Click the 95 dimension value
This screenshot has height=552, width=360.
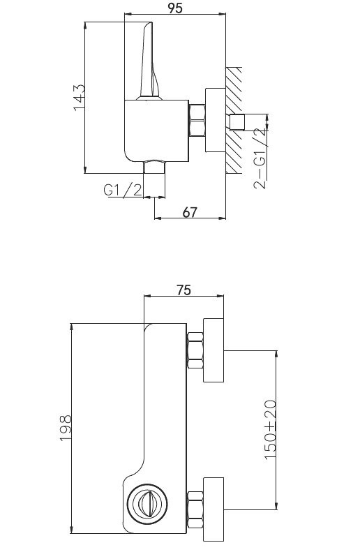pyautogui.click(x=175, y=8)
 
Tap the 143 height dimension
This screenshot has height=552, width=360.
pyautogui.click(x=79, y=97)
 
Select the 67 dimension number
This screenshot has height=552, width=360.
pyautogui.click(x=190, y=212)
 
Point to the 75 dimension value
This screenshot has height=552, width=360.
pyautogui.click(x=183, y=290)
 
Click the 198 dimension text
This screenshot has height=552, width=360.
pyautogui.click(x=66, y=428)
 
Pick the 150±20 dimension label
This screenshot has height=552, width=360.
pyautogui.click(x=271, y=429)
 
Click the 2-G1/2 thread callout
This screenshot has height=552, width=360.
pyautogui.click(x=260, y=159)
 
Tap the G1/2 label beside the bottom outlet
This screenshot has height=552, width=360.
pyautogui.click(x=123, y=190)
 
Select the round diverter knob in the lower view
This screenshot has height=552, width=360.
pyautogui.click(x=147, y=503)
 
